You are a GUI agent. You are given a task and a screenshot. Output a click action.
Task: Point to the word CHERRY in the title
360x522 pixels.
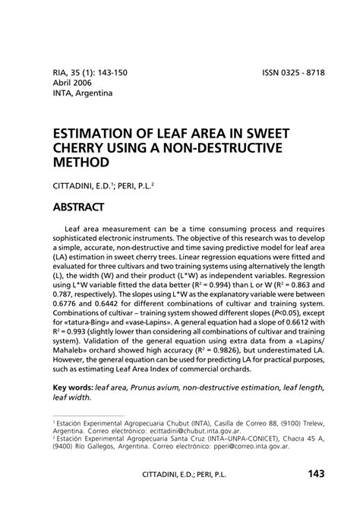(x=89, y=147)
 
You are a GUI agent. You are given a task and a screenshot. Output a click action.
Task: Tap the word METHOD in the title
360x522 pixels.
(x=81, y=163)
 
